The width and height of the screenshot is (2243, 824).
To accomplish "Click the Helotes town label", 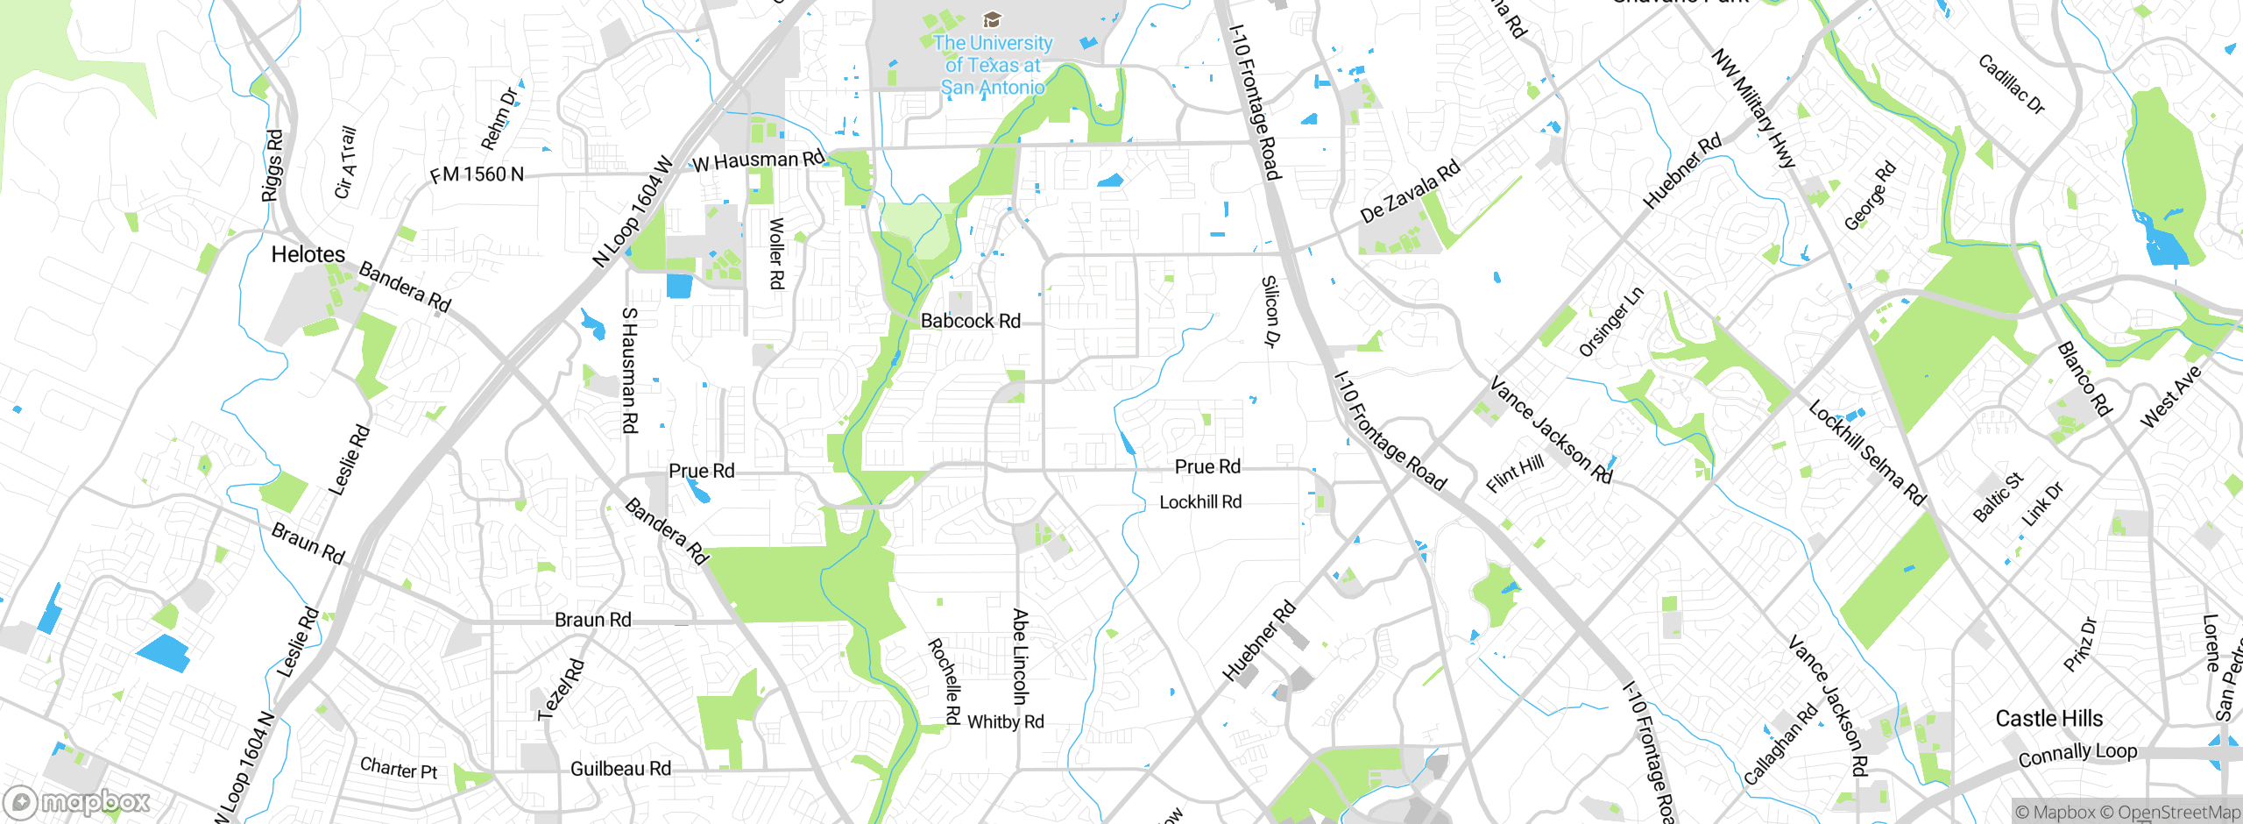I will point(308,255).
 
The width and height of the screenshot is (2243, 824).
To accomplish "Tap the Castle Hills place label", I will point(2048,719).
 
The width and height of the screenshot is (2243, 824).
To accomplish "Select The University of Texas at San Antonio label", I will point(993,65).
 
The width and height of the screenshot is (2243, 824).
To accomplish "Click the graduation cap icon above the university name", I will point(992,19).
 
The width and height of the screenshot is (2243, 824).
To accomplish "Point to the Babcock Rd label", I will point(970,322).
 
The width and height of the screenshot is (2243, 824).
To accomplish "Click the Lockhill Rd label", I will point(1199,502).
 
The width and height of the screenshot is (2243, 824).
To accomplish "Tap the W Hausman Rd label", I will point(759,161).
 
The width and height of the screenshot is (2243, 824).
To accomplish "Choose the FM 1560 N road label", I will point(477,174).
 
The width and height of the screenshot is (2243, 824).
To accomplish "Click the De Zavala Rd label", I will point(1410,191).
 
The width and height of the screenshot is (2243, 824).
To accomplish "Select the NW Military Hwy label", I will point(1753,110).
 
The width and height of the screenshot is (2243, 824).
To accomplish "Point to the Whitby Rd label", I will point(1005,722).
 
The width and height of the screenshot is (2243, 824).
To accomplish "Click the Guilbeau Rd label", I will point(620,769).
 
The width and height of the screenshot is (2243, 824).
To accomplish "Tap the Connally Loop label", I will point(2077,754).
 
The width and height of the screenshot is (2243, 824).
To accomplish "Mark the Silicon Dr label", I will point(1270,312).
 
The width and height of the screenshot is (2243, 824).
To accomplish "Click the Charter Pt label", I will point(399,769).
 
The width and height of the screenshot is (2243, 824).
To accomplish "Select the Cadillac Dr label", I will point(2012,85).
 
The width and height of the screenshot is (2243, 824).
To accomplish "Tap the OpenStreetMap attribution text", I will point(2177,813).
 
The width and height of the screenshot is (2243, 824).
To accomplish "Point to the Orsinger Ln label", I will point(1610,323).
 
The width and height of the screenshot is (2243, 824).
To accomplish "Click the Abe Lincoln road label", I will point(1020,657).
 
